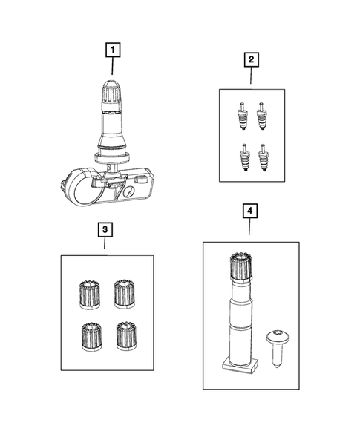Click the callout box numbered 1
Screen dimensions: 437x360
click(x=113, y=50)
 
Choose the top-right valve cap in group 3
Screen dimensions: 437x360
click(x=123, y=292)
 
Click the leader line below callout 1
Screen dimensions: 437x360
click(x=113, y=68)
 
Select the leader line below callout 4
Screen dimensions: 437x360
click(x=250, y=229)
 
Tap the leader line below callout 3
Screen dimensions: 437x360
click(x=105, y=246)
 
